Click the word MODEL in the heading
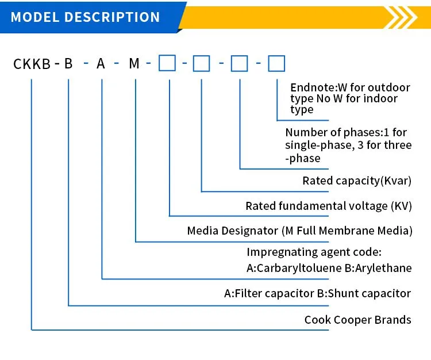pos(35,17)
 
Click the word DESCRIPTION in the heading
pos(112,17)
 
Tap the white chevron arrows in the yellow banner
pos(401,17)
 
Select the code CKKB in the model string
pos(32,64)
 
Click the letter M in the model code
pos(134,63)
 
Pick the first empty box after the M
pos(167,63)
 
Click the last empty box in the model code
pos(276,63)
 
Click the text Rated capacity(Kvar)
pos(357,181)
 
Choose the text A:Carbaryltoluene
pos(294,268)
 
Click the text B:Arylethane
pos(378,268)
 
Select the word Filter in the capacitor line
pos(248,293)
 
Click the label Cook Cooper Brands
pos(357,320)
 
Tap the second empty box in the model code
pos(202,63)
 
